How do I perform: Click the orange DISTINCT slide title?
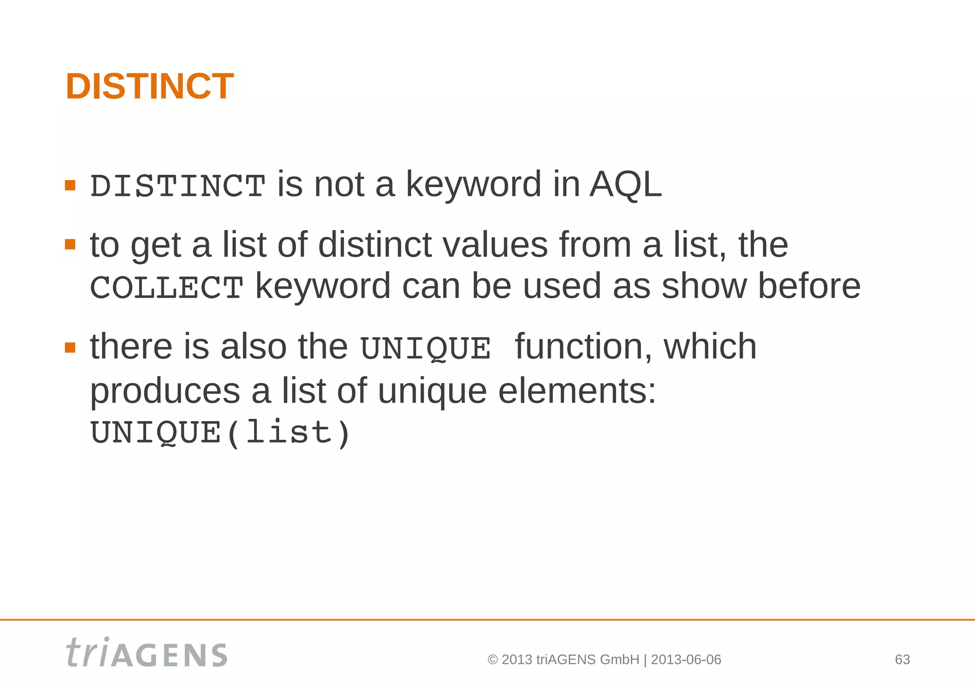coord(149,87)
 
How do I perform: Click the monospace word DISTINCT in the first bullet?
coord(178,186)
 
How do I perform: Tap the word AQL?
coord(626,184)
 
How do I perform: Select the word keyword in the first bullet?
coord(473,185)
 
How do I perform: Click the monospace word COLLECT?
coord(167,288)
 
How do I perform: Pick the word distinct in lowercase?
coord(375,245)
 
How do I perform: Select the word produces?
coord(165,392)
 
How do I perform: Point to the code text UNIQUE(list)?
coord(220,432)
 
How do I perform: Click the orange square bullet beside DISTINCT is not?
coord(70,185)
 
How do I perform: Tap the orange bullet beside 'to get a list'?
coord(70,245)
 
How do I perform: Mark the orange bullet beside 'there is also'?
coord(70,347)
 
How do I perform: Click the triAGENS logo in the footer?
coord(147,653)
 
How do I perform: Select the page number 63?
coord(902,660)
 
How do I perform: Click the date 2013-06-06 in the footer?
coord(686,660)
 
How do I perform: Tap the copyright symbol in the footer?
coord(493,660)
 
